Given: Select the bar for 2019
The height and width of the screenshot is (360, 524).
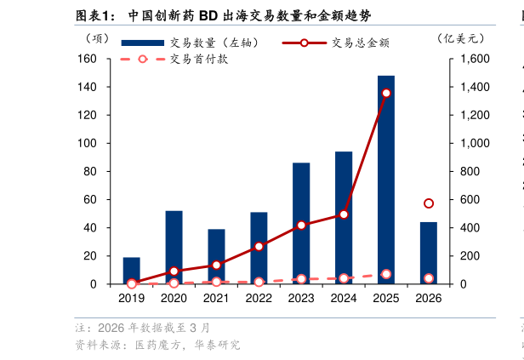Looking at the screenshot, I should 131,271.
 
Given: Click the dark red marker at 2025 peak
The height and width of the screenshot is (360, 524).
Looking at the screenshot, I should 386,94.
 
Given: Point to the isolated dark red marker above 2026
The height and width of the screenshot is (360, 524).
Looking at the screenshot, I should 429,203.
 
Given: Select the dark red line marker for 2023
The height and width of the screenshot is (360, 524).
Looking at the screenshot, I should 301,226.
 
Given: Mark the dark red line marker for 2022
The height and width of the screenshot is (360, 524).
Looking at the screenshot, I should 259,247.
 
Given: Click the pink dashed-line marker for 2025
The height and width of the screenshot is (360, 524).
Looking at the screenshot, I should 386,274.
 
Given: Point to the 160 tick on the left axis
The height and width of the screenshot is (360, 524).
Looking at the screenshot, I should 88,59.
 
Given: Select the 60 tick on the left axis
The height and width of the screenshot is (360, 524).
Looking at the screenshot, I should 90,199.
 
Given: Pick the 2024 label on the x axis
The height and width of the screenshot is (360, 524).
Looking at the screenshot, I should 344,299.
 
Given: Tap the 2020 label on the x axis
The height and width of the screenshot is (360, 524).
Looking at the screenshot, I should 174,299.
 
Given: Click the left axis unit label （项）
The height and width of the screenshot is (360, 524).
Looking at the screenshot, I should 97,37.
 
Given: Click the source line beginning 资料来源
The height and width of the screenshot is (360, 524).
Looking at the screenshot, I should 157,345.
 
